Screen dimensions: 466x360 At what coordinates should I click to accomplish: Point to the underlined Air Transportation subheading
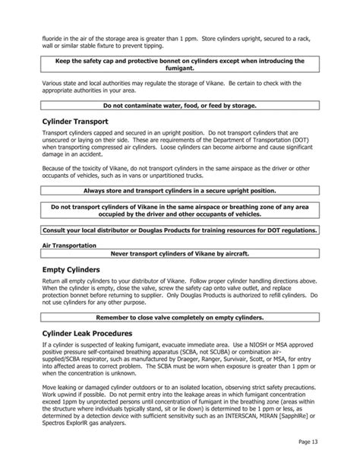[68, 245]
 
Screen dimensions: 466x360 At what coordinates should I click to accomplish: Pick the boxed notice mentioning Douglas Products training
[180, 230]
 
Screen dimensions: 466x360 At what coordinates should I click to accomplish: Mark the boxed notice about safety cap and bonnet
[180, 64]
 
